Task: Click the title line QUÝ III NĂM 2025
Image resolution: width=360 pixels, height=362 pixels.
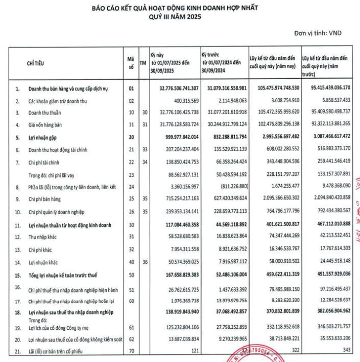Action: pos(175,16)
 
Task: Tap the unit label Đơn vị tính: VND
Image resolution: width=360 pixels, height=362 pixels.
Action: pos(318,33)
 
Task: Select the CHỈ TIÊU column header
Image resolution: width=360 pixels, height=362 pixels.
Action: pos(35,63)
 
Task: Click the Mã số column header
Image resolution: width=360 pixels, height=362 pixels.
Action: pos(131,63)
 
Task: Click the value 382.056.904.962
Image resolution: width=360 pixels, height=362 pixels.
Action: pos(326,311)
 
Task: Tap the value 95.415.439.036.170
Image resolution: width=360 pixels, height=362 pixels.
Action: pos(325,88)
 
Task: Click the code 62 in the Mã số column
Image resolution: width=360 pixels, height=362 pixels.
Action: pos(131,338)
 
